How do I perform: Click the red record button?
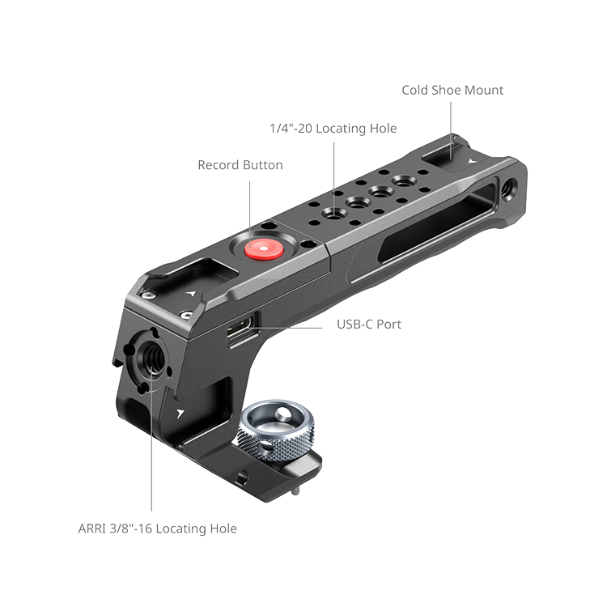tap(264, 249)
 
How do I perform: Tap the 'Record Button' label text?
tap(240, 165)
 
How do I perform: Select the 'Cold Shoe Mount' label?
tap(452, 90)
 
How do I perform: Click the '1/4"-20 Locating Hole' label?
tap(333, 128)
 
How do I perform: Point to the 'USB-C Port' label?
tap(369, 324)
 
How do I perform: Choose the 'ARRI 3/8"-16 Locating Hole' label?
tap(157, 528)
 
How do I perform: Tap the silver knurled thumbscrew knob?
tap(276, 431)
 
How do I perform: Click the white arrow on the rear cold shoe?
tap(471, 161)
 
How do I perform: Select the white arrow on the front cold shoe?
tap(190, 294)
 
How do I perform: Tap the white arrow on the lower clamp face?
tap(180, 414)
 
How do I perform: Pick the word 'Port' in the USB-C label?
tap(388, 324)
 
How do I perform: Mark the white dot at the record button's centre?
tap(264, 248)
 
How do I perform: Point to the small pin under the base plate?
tap(295, 491)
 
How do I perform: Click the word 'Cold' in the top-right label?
tap(415, 90)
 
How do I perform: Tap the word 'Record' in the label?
tap(217, 165)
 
